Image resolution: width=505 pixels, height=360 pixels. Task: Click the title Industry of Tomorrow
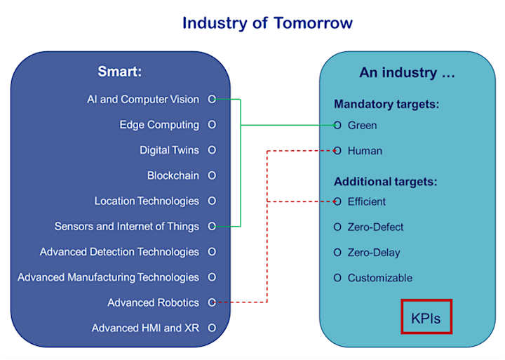(x=267, y=23)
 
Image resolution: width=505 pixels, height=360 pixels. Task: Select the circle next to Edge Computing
(x=212, y=124)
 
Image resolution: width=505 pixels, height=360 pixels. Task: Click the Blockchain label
(x=173, y=175)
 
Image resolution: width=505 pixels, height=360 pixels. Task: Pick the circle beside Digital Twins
(x=212, y=150)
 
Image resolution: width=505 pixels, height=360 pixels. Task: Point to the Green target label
(x=362, y=126)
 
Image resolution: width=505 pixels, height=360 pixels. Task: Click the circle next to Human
(x=337, y=150)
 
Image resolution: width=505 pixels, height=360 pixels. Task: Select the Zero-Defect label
(x=375, y=227)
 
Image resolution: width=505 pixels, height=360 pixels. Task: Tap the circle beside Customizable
(x=337, y=277)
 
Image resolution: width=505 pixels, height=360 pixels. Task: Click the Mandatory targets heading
(x=386, y=104)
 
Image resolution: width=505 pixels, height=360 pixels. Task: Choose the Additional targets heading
(x=386, y=182)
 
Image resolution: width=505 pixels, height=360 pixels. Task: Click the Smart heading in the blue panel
(x=119, y=72)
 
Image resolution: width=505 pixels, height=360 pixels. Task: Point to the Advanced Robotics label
(x=154, y=302)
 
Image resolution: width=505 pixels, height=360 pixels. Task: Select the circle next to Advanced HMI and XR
(x=212, y=328)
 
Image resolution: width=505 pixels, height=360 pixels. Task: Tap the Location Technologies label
(x=147, y=201)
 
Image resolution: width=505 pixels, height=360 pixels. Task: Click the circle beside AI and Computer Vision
(x=212, y=99)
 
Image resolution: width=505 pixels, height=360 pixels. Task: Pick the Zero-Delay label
(x=374, y=253)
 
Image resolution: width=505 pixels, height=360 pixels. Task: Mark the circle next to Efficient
(x=337, y=201)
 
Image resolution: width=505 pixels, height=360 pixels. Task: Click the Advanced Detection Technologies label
(x=119, y=252)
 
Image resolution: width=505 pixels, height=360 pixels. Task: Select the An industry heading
(x=407, y=73)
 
